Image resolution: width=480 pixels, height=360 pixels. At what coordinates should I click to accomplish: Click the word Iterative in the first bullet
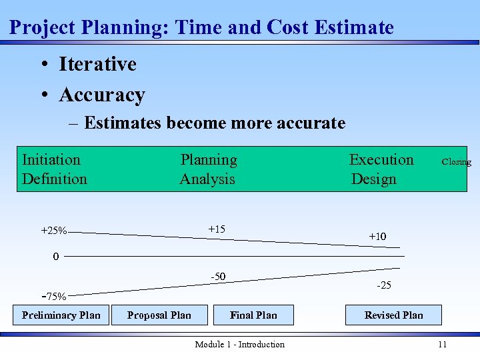pos(97,64)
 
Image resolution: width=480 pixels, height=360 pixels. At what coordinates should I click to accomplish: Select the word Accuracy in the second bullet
pos(101,95)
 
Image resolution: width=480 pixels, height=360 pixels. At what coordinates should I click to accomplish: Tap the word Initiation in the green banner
pos(51,159)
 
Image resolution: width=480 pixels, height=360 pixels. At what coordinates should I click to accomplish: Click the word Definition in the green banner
pos(55,179)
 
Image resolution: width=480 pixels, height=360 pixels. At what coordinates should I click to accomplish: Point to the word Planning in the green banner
pos(209,159)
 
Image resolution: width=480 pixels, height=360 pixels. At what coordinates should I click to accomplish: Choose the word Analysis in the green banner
pos(207,179)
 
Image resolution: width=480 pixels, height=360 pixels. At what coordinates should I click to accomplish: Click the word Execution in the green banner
pos(381,159)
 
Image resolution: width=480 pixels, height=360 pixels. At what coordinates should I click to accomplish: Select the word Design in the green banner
pos(373,179)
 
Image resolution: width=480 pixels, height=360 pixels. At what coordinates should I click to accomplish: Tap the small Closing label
pos(456,162)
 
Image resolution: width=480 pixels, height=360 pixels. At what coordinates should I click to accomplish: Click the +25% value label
pos(54,231)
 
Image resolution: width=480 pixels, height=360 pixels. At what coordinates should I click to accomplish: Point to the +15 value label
pos(217,229)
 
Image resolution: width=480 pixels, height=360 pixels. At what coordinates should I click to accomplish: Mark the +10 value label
pos(377,236)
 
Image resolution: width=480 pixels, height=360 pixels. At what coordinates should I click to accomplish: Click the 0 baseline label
pos(56,256)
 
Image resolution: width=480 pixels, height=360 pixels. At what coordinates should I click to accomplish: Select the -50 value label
pos(218,277)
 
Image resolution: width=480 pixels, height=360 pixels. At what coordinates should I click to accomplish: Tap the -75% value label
pos(54,297)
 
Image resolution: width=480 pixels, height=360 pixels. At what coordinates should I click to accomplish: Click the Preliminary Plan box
pos(61,315)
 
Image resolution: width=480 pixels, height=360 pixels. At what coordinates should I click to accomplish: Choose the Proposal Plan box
pos(159,315)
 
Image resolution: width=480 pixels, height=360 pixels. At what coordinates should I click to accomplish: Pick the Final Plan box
pos(253,315)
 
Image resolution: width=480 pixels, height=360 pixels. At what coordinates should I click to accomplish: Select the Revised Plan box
pos(393,315)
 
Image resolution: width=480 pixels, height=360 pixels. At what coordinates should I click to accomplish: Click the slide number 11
pos(442,344)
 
